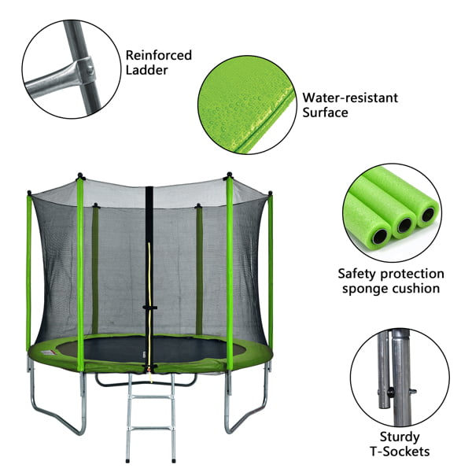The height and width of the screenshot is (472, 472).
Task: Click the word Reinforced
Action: [x=158, y=55]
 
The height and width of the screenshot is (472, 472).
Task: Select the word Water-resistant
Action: [x=350, y=98]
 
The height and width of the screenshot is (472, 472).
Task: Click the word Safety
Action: [x=359, y=274]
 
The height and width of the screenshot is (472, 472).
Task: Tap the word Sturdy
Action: [x=400, y=437]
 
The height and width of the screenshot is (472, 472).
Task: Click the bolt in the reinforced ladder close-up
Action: [x=90, y=71]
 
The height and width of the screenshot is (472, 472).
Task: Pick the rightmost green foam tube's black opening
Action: [x=427, y=214]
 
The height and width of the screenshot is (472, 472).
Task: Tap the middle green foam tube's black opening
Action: [x=404, y=225]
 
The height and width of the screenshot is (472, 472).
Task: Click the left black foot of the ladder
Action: [x=128, y=460]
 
